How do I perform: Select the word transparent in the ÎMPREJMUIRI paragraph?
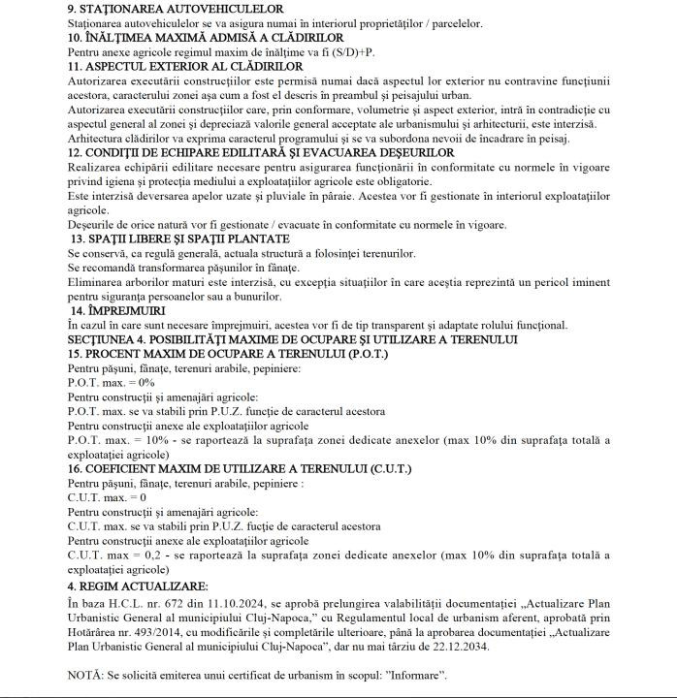(x=386, y=325)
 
